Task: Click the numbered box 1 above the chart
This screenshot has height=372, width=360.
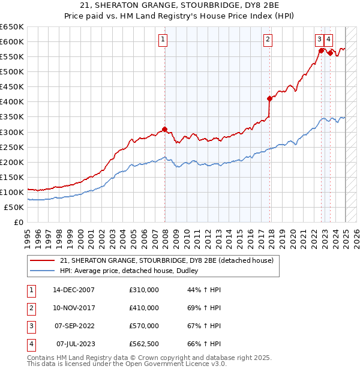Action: coord(163,40)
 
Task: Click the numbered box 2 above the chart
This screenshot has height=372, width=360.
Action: coord(268,40)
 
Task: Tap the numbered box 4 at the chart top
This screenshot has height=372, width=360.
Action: coord(329,40)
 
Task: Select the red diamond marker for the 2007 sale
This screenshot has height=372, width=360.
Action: coord(164,129)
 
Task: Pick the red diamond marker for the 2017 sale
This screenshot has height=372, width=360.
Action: coord(269,98)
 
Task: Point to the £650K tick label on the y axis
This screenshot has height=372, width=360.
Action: coord(12,27)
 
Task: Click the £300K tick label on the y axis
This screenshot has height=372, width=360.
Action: coord(12,132)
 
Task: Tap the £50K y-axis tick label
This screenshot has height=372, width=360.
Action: coord(14,207)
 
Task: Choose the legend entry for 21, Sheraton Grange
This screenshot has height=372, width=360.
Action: coord(167,260)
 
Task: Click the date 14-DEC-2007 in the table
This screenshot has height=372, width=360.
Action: coord(74,290)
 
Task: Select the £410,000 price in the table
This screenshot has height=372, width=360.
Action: coord(144,308)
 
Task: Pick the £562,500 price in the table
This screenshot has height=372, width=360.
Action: coord(144,344)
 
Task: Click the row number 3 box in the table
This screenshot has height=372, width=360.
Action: coord(30,326)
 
